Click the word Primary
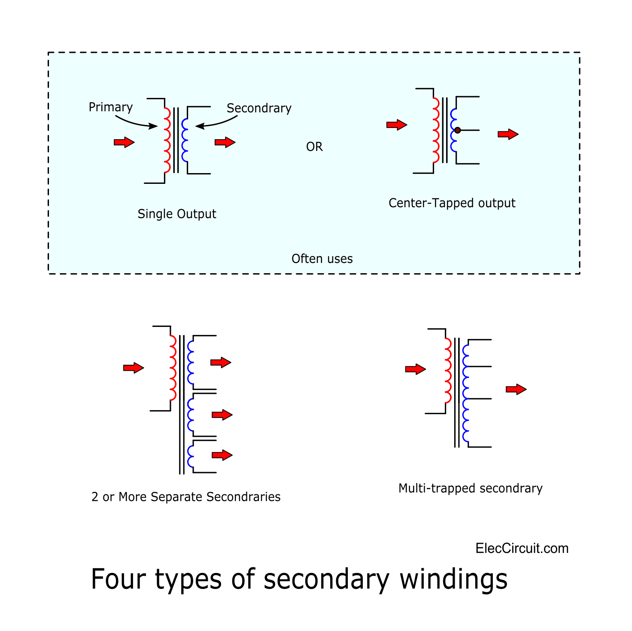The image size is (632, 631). (110, 107)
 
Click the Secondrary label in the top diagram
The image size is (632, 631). (259, 108)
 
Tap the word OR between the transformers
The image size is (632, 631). (314, 147)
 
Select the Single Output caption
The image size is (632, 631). (176, 214)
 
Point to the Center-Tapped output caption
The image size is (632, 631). (452, 203)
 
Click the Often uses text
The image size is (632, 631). (322, 259)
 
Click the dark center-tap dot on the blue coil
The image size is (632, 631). (457, 130)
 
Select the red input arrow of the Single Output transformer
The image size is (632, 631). (124, 142)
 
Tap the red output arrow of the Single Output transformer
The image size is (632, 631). (225, 142)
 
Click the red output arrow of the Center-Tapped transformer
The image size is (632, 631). (508, 134)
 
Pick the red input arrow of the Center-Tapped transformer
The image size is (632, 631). (397, 125)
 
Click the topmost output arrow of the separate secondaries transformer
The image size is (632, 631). (221, 363)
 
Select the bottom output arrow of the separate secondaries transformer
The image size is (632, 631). (222, 455)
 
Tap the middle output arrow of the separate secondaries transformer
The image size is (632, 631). (222, 415)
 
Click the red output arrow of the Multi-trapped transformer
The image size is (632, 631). (516, 389)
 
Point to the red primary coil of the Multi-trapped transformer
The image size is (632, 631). (448, 370)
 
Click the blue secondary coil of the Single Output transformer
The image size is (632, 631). (185, 140)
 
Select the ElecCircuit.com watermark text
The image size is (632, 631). (522, 549)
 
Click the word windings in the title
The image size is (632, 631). (453, 579)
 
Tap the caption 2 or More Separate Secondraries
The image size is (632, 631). (186, 497)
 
